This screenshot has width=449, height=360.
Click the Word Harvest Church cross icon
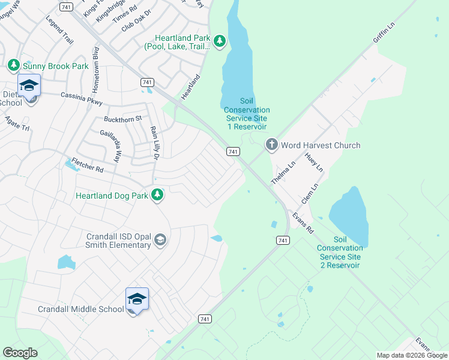click(271, 145)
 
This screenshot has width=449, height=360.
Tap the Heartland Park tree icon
click(220, 41)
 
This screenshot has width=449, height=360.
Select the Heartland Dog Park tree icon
click(157, 194)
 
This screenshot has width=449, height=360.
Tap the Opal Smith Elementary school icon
click(160, 241)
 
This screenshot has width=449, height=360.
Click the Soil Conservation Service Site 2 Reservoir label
click(339, 252)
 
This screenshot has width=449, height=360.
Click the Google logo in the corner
click(20, 353)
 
